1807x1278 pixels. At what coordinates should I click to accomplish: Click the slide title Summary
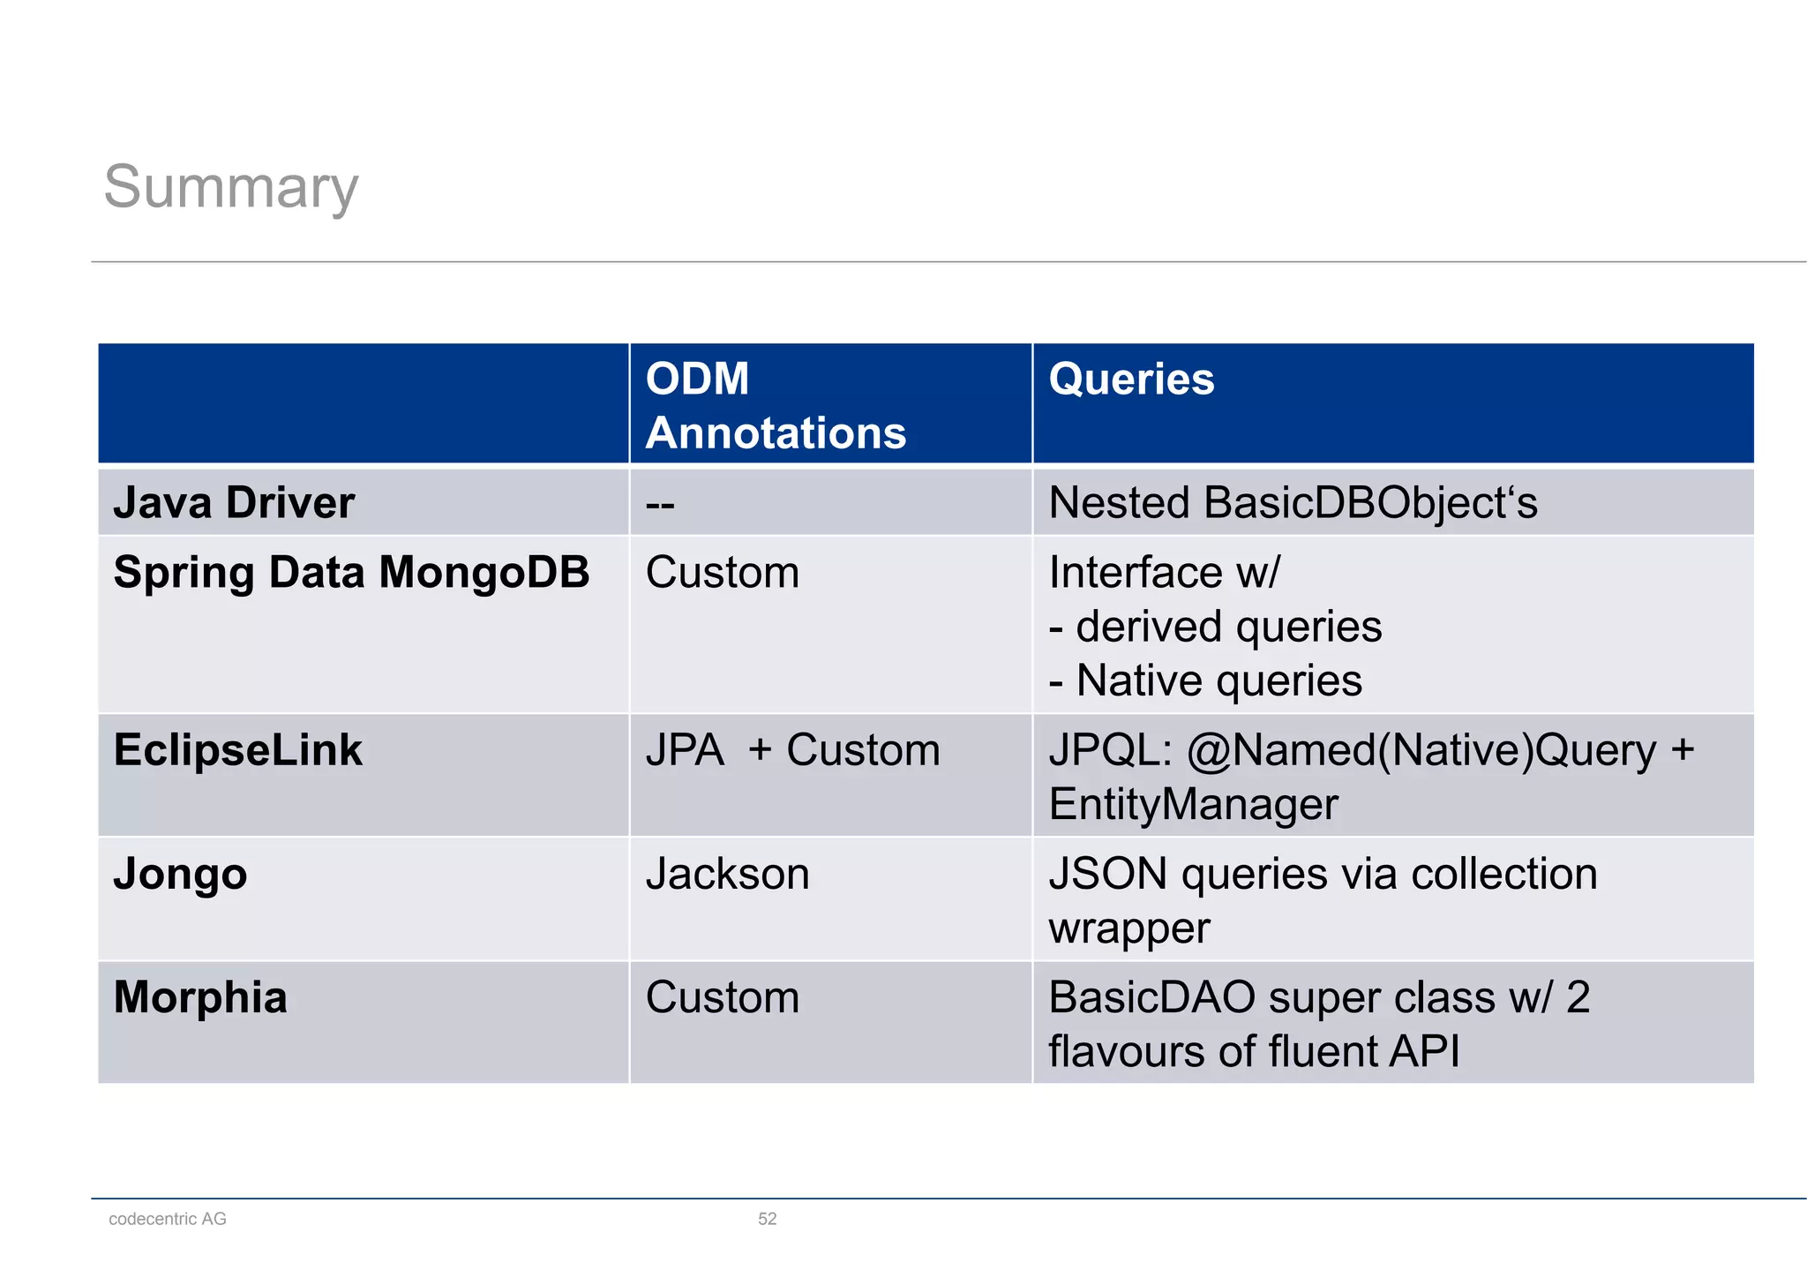(x=231, y=187)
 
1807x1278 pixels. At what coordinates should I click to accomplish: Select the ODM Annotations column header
(x=775, y=405)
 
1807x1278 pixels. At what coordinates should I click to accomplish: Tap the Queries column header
(x=1130, y=380)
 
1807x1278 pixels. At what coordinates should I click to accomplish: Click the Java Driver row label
(x=234, y=503)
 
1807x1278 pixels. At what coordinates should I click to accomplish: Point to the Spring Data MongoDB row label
(x=351, y=573)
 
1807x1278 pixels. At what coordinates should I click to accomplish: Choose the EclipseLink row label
(x=237, y=750)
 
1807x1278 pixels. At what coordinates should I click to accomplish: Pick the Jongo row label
(x=180, y=875)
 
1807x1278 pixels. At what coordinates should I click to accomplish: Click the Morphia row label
(x=200, y=998)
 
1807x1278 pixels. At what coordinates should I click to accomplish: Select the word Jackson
(x=727, y=875)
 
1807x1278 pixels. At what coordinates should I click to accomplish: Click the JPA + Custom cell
(x=791, y=751)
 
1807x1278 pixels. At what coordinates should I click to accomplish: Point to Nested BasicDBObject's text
(x=1292, y=503)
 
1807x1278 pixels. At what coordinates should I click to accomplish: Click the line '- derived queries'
(x=1215, y=628)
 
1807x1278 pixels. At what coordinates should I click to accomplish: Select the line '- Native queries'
(x=1205, y=681)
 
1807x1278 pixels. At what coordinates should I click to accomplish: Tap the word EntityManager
(x=1193, y=805)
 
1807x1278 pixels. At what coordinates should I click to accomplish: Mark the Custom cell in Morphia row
(x=722, y=998)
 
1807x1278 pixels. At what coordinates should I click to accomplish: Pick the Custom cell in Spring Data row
(x=722, y=573)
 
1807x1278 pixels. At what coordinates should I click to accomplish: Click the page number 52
(x=767, y=1219)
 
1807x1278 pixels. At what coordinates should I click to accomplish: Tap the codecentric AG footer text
(x=168, y=1219)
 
